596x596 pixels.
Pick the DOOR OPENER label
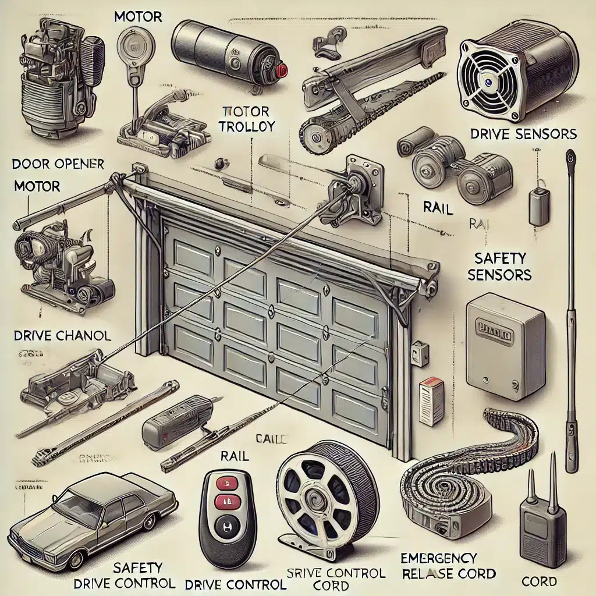pyautogui.click(x=58, y=165)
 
